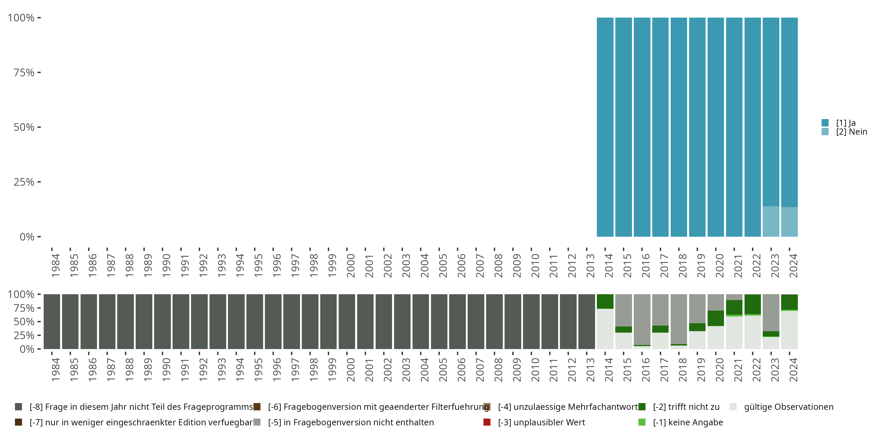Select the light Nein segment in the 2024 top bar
(x=789, y=222)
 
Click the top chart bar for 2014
(x=605, y=127)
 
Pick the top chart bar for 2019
(x=697, y=127)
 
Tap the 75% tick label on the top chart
(x=24, y=72)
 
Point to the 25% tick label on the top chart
(x=24, y=182)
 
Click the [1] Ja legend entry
(x=845, y=123)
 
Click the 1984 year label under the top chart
(x=55, y=265)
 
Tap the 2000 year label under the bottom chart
(x=350, y=370)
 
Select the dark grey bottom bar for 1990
(x=162, y=321)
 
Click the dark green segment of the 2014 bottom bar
(x=605, y=301)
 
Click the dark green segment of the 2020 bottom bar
(x=716, y=318)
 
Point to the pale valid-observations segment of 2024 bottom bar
(x=789, y=330)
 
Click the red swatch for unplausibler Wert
(x=487, y=422)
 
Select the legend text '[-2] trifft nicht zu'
(x=686, y=407)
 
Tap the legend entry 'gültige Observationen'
(x=788, y=407)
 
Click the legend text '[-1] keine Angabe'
(x=688, y=422)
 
